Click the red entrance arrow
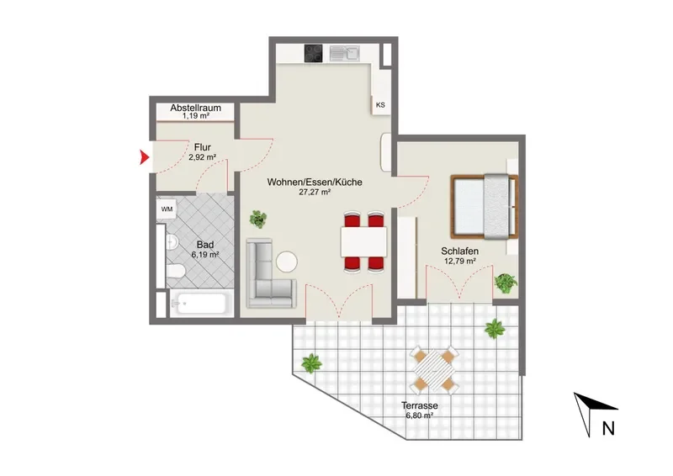pyautogui.click(x=144, y=157)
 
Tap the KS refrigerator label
pyautogui.click(x=380, y=105)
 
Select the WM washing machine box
pyautogui.click(x=167, y=209)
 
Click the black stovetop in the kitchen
pyautogui.click(x=313, y=53)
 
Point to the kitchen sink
pyautogui.click(x=344, y=53)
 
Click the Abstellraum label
pyautogui.click(x=196, y=108)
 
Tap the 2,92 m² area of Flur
pyautogui.click(x=202, y=157)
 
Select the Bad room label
pyautogui.click(x=205, y=245)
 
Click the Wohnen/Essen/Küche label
pyautogui.click(x=315, y=182)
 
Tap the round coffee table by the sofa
pyautogui.click(x=287, y=262)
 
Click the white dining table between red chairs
pyautogui.click(x=363, y=241)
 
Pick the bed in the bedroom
pyautogui.click(x=485, y=206)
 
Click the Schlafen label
pyautogui.click(x=459, y=251)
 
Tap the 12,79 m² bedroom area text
pyautogui.click(x=459, y=261)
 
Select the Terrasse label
pyautogui.click(x=419, y=405)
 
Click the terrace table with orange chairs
pyautogui.click(x=434, y=370)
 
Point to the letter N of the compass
pyautogui.click(x=608, y=428)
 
